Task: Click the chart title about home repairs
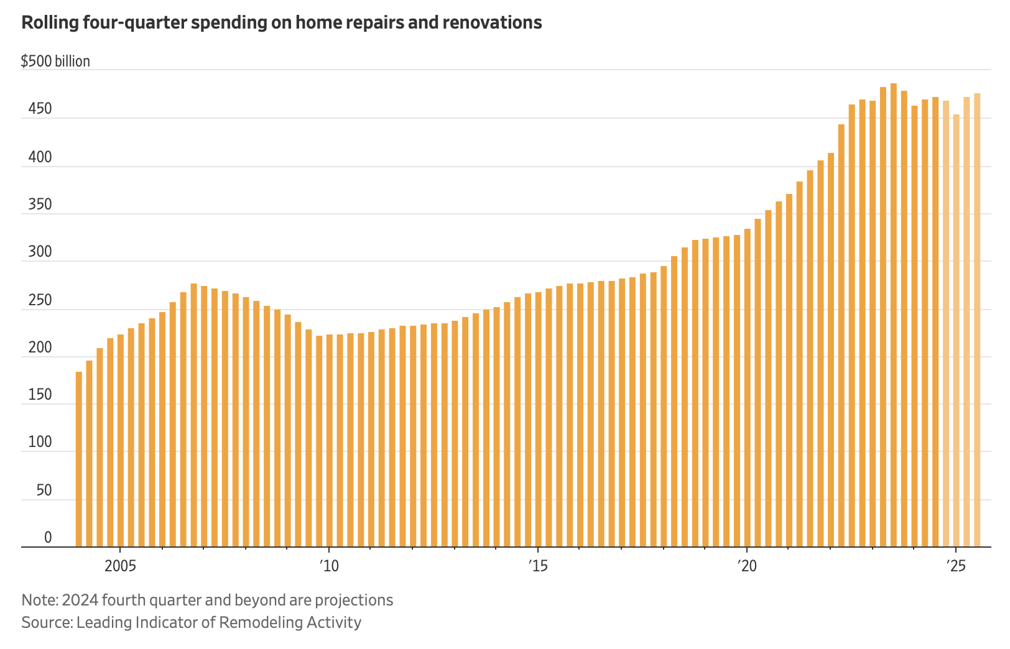tap(281, 23)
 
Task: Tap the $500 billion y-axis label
tap(55, 62)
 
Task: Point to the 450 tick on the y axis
tap(40, 109)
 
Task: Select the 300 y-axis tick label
tap(40, 252)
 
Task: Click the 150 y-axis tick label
tap(40, 395)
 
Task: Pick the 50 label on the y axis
tap(44, 490)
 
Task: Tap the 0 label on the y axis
tap(48, 538)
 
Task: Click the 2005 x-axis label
tap(120, 566)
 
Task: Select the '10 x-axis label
tap(329, 566)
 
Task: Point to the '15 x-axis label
tap(538, 566)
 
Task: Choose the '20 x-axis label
tap(747, 566)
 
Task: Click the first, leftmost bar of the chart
tap(79, 459)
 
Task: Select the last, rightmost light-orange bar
tap(977, 320)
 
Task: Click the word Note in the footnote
tap(39, 601)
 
